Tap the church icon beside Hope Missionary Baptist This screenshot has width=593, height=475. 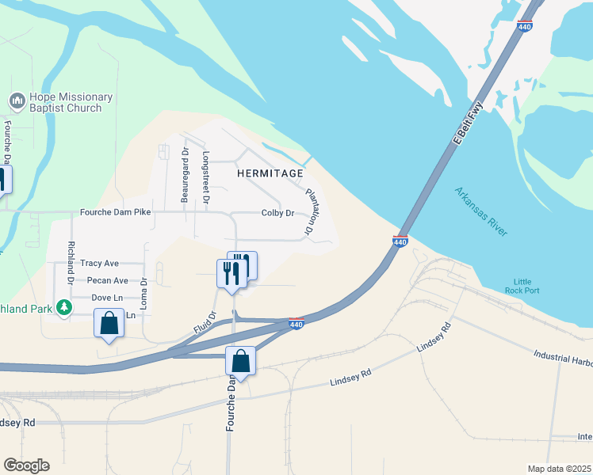(x=16, y=101)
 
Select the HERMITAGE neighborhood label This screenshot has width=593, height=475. (x=270, y=173)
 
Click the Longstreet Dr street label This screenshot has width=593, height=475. (x=205, y=179)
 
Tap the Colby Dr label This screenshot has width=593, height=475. (x=278, y=213)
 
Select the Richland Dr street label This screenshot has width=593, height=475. (x=71, y=263)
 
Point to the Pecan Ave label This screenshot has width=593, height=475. (x=108, y=280)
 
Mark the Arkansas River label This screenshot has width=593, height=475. (x=481, y=211)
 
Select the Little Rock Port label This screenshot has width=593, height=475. (x=522, y=286)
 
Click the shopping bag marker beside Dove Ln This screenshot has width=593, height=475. (x=109, y=323)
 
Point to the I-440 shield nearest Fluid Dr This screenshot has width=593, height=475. (x=296, y=324)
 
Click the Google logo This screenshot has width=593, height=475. (x=26, y=465)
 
